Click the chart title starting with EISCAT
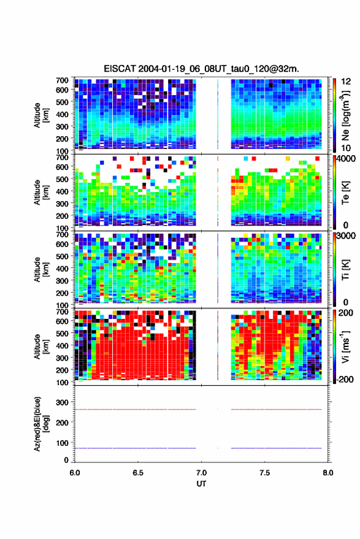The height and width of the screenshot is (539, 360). [202, 69]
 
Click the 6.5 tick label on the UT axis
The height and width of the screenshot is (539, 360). [138, 473]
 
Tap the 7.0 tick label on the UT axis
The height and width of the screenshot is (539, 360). [201, 473]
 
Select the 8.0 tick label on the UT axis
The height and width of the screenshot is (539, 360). [328, 473]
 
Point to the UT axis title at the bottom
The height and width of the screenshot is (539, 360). [201, 484]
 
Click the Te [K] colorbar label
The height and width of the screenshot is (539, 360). [346, 193]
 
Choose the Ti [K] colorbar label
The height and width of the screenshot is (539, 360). [346, 270]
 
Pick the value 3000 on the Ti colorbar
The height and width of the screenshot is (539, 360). [345, 236]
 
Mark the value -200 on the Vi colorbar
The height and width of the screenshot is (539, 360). [344, 379]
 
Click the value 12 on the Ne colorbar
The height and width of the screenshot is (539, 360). [346, 82]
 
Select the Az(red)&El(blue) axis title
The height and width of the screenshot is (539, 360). [40, 424]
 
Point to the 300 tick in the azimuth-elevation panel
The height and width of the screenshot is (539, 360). [62, 402]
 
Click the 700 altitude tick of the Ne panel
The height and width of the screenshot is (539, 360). [62, 80]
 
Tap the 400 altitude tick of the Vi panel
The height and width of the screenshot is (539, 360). [62, 345]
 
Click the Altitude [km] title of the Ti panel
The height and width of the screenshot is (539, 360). [40, 270]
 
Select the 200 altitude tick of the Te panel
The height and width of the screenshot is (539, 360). [62, 216]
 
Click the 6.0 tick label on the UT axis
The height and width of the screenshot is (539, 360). [75, 473]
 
